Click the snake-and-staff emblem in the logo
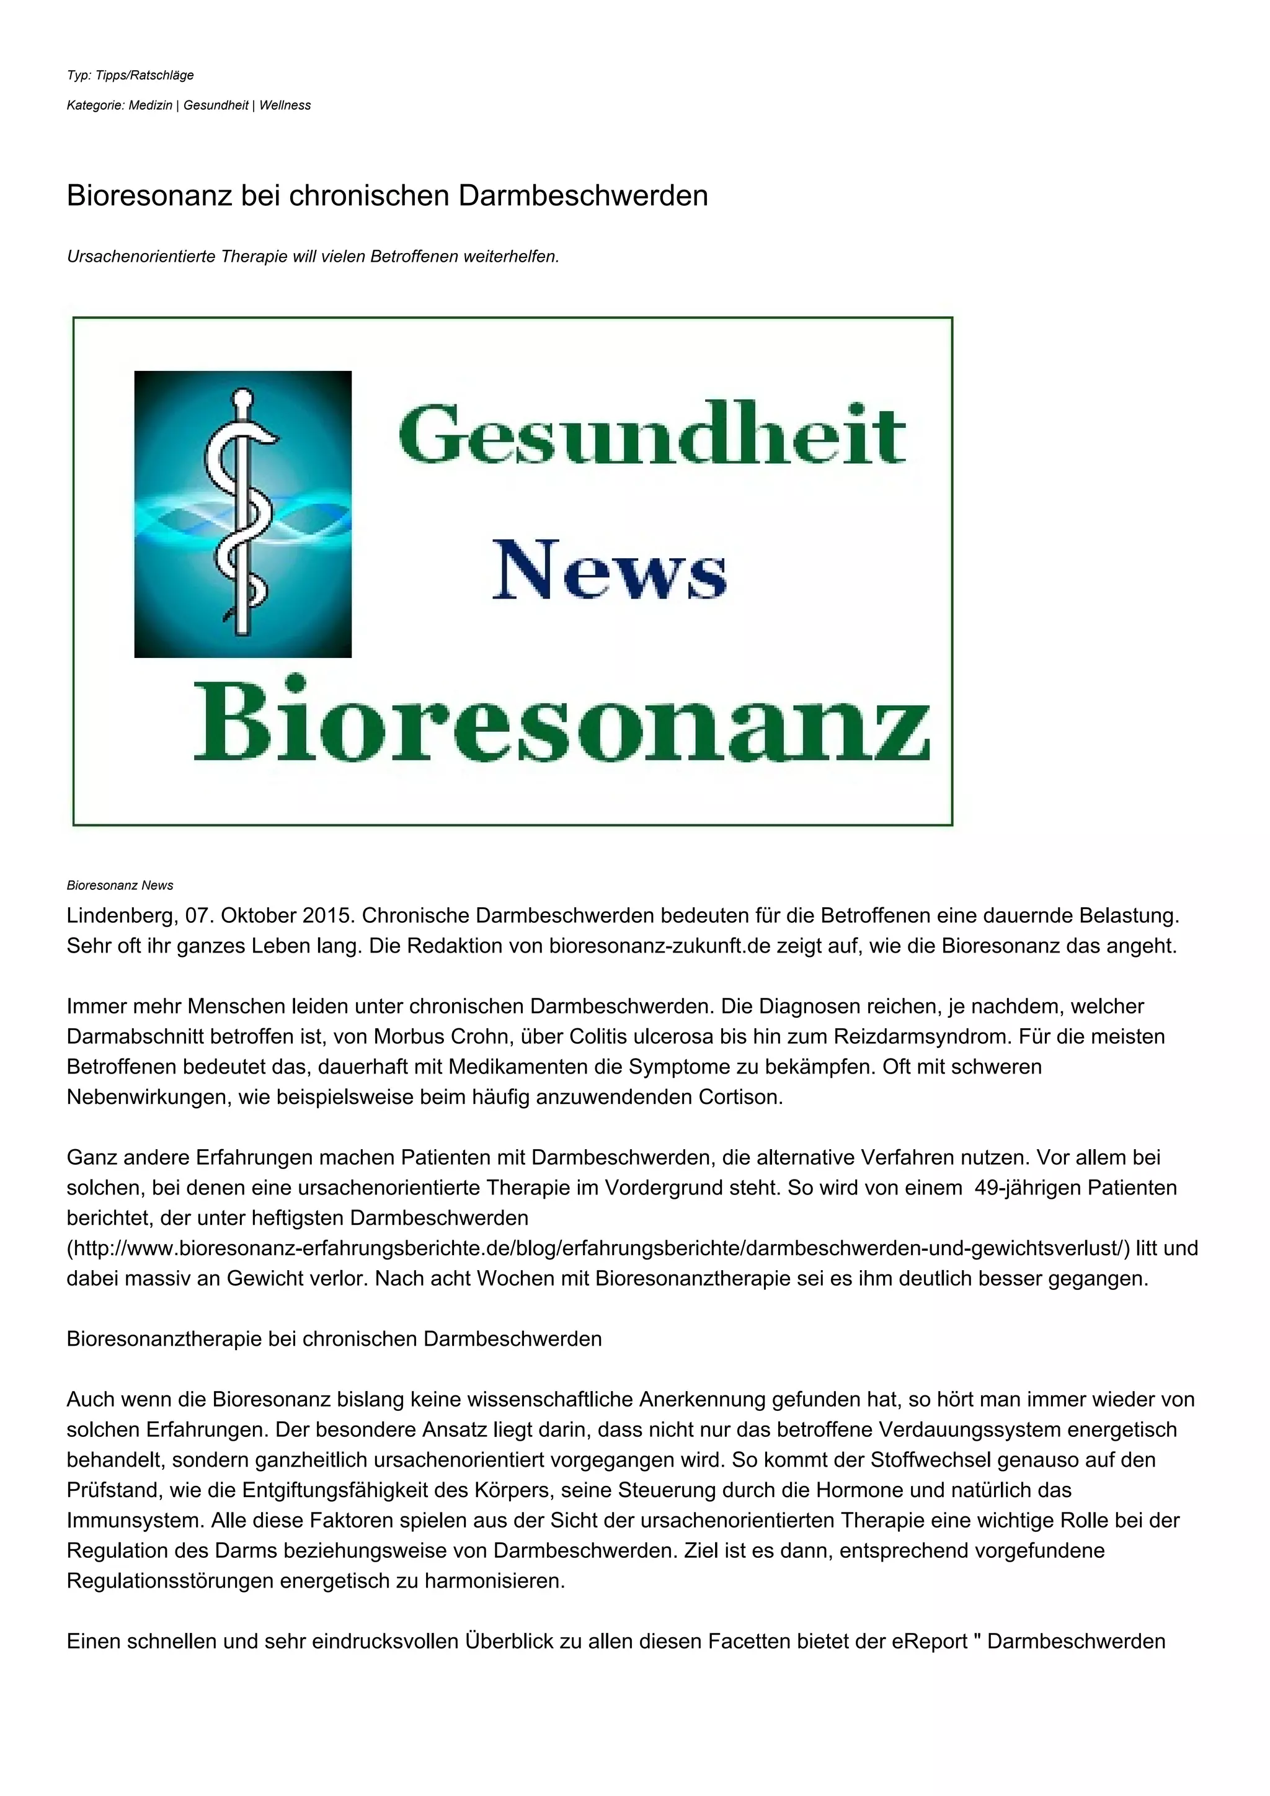242,514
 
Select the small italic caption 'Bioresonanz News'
120,886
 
